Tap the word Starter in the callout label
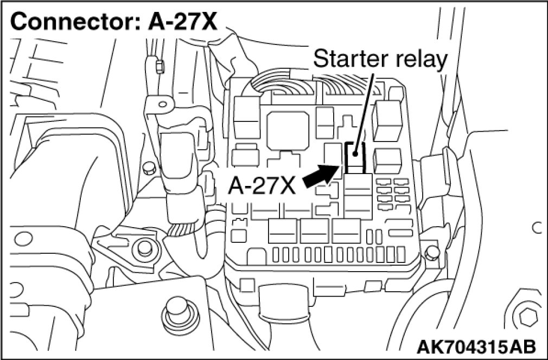point(346,59)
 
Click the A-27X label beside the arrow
point(262,186)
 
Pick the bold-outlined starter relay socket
point(354,157)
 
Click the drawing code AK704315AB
point(477,345)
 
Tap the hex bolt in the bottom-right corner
point(526,317)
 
